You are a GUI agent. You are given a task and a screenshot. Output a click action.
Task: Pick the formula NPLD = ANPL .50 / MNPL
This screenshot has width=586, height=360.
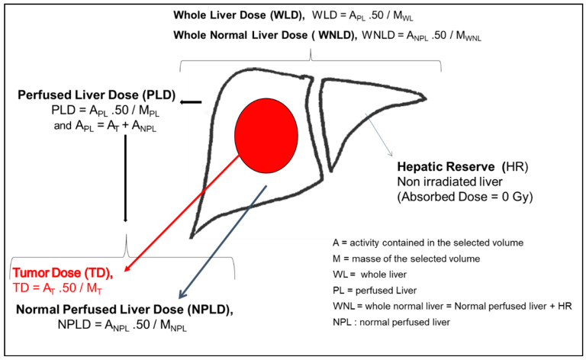coord(120,326)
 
